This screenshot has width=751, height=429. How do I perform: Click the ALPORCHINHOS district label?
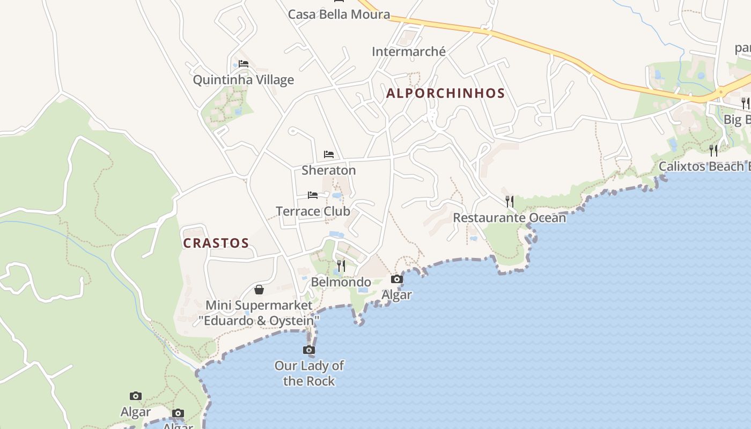point(445,93)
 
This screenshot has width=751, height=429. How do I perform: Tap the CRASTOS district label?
point(216,243)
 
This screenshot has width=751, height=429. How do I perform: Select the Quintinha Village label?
point(243,80)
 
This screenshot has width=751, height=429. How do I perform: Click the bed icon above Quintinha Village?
point(244,64)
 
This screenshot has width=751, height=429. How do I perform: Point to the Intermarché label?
point(409,51)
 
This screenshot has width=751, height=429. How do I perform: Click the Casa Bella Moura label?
point(338,14)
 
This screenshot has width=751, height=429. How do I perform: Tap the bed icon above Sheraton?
point(329,154)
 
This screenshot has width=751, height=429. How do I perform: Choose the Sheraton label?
point(328,171)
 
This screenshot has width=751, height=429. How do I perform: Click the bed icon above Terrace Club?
point(313,195)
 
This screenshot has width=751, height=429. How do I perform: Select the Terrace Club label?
point(313,211)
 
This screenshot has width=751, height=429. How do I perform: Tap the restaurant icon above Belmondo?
point(341,265)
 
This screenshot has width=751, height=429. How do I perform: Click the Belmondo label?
point(341,282)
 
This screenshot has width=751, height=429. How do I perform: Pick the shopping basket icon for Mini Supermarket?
point(259,290)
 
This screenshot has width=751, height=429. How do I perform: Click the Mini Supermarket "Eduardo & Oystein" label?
point(259,313)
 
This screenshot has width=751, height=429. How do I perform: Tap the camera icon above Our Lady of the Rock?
point(308,350)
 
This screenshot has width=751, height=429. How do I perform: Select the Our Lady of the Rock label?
point(309,374)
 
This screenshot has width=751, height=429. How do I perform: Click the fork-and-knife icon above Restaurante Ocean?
point(510,202)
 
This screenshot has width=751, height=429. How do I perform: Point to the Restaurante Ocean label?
point(509,218)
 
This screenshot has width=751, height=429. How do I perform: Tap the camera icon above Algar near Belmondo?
point(397,279)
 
